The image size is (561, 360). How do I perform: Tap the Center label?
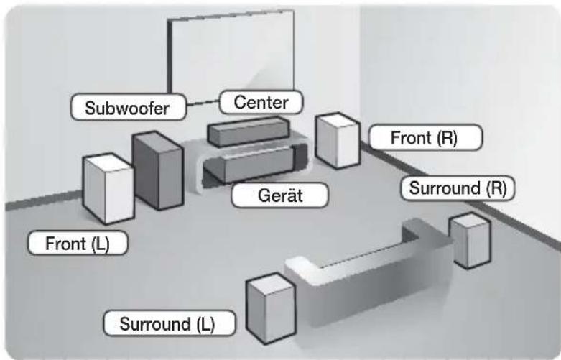(261, 103)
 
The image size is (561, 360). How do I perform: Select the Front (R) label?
(425, 137)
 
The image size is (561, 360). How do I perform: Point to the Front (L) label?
(78, 244)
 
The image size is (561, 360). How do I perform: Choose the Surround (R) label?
(458, 188)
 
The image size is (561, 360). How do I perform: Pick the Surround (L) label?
(170, 323)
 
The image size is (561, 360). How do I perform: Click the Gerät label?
(280, 195)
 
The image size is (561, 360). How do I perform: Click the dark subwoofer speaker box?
(158, 171)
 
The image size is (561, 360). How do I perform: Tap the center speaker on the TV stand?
(249, 131)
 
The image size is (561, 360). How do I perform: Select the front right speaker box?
(338, 140)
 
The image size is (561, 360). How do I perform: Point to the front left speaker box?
(108, 188)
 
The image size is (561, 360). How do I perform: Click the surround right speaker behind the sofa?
(470, 241)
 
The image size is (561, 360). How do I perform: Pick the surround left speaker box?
(272, 308)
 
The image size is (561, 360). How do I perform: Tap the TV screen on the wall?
(231, 57)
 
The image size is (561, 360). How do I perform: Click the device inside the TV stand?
(255, 165)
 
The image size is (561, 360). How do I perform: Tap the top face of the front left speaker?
(108, 162)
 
